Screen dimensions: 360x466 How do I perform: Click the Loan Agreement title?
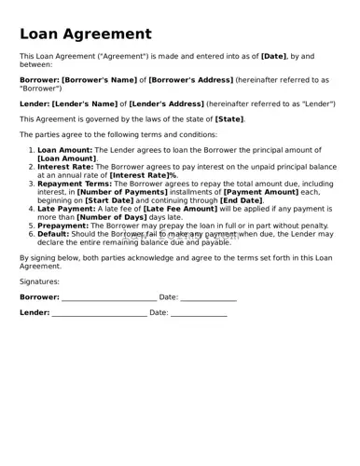point(85,34)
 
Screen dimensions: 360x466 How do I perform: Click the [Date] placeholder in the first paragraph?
point(273,58)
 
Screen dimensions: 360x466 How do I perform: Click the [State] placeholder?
point(229,119)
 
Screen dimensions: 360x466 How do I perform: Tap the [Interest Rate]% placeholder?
point(144,175)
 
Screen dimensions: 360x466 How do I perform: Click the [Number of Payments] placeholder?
point(117,192)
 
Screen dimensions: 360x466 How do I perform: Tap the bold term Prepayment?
point(63,226)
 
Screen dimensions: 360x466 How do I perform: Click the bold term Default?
point(54,234)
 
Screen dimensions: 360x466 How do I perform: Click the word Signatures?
point(39,281)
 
